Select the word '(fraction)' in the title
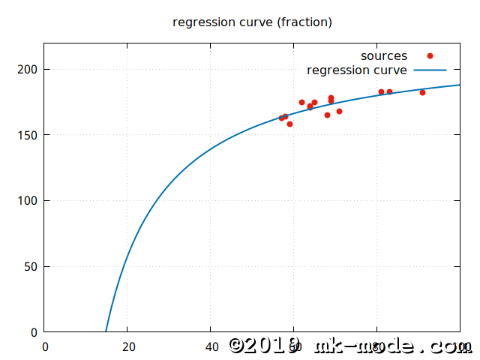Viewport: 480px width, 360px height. (x=304, y=22)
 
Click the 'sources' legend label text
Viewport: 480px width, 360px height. (x=383, y=56)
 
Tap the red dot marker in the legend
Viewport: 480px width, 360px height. (x=430, y=56)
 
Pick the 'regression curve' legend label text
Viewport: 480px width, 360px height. (x=357, y=70)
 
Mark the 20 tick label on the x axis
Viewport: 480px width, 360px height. (x=127, y=346)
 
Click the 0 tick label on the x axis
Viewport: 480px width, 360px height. (x=45, y=346)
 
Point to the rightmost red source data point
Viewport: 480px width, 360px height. (x=422, y=92)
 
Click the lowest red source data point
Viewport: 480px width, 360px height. (x=289, y=124)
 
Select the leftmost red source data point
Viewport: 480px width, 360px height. (x=281, y=118)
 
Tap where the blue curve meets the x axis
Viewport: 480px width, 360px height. (x=106, y=331)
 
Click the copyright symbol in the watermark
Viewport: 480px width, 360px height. (x=238, y=345)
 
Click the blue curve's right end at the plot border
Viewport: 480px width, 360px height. (x=459, y=85)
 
